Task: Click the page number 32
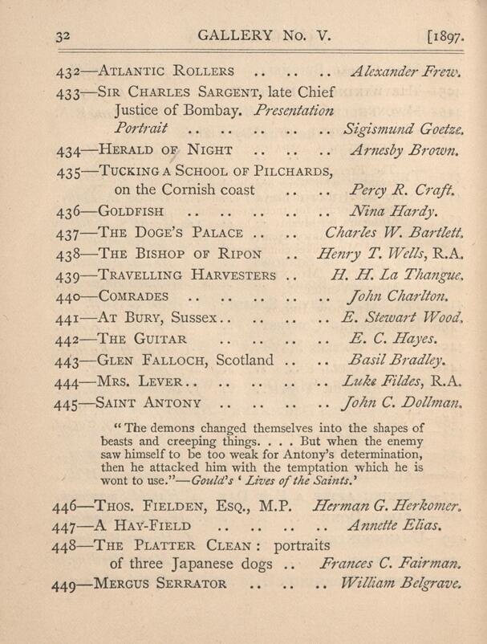(65, 36)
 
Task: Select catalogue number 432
(71, 71)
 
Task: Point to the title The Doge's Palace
(169, 234)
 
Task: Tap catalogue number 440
(71, 296)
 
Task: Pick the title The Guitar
(142, 338)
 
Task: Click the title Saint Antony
(149, 401)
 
